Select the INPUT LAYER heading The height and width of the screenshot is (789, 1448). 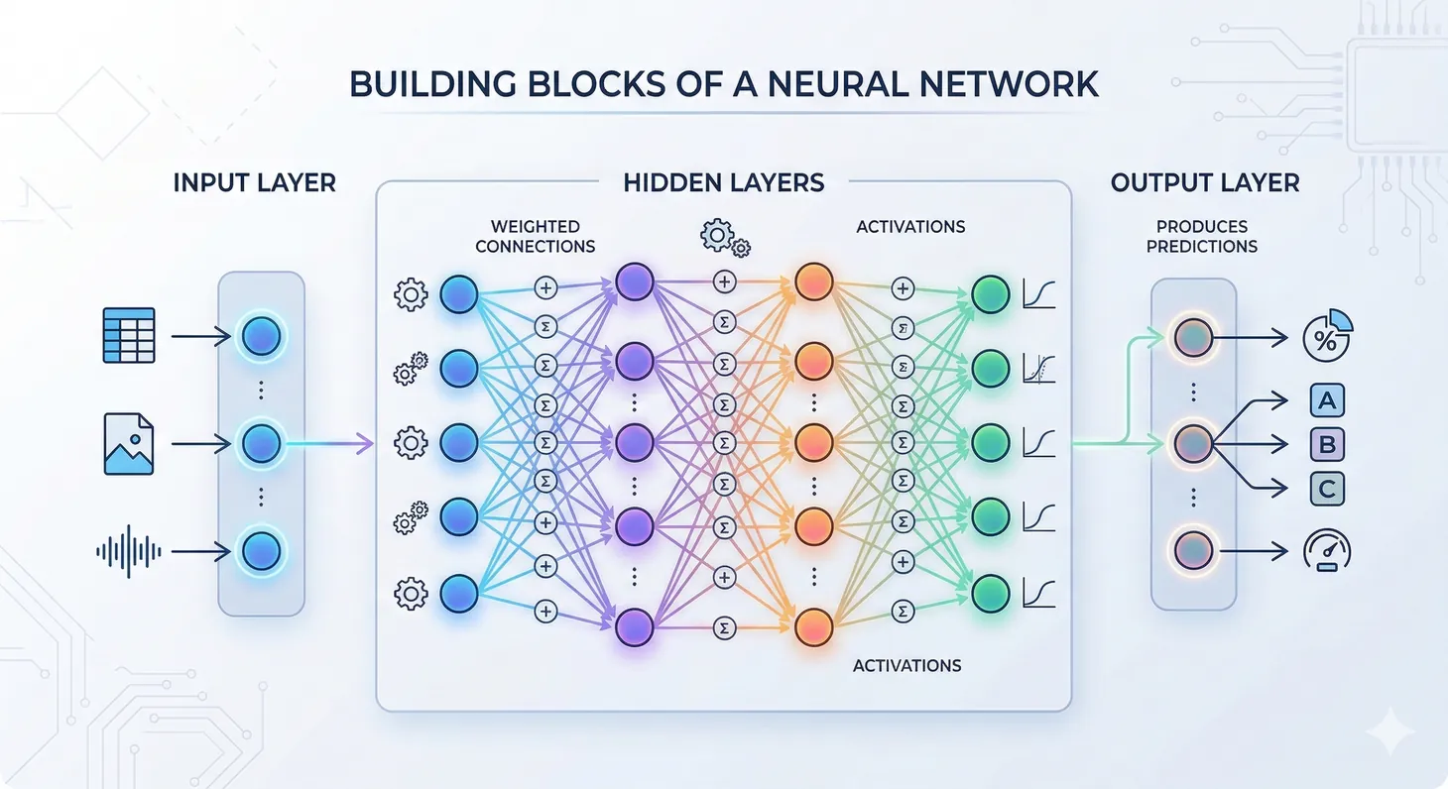tap(254, 182)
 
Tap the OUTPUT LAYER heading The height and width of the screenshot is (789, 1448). tap(1204, 182)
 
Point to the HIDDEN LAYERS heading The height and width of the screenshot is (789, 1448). tap(723, 182)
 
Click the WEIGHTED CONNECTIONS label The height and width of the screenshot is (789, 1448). tap(535, 236)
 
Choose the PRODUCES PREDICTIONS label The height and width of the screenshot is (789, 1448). tap(1201, 236)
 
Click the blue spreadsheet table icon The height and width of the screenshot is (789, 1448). tap(129, 335)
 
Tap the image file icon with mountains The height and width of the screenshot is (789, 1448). tap(129, 443)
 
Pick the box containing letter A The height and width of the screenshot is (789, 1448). tap(1327, 400)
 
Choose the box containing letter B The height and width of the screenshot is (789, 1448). tap(1327, 444)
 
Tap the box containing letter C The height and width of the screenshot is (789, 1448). tap(1327, 487)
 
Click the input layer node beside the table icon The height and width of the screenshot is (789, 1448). tap(261, 337)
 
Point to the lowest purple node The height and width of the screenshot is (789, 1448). tap(634, 626)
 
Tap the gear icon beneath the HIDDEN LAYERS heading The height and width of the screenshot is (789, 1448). tap(724, 237)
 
